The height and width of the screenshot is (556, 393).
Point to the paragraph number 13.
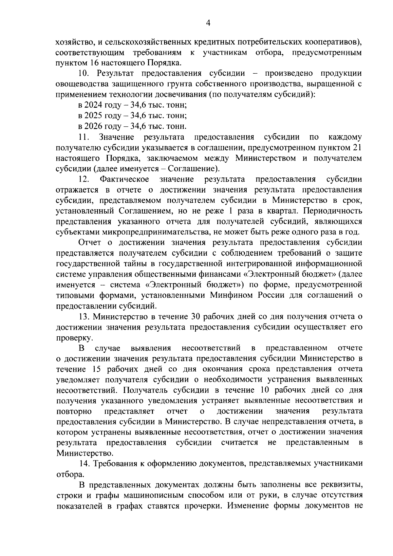click(x=84, y=316)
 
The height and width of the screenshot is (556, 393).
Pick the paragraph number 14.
click(x=85, y=463)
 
